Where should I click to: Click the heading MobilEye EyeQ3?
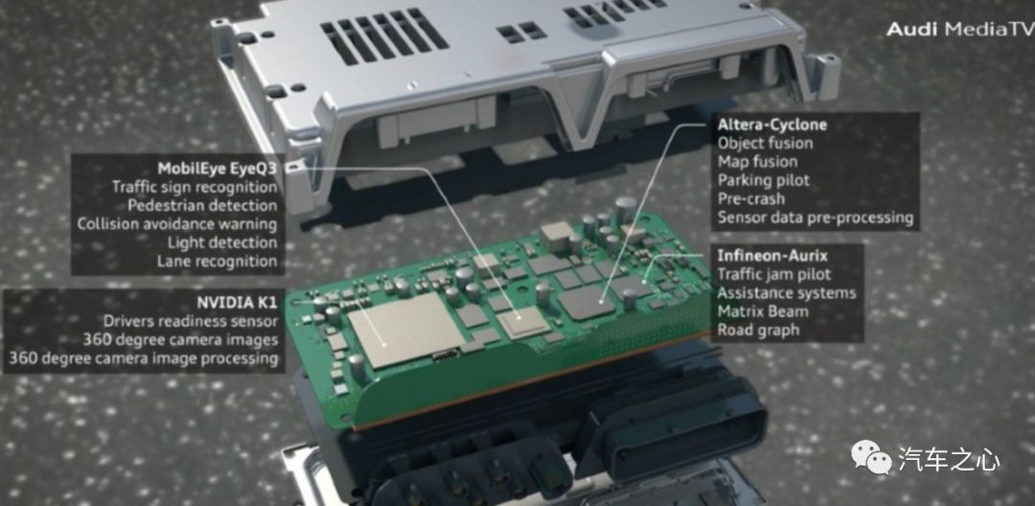click(218, 169)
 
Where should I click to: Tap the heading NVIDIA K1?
click(237, 303)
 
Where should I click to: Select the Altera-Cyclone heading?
click(771, 124)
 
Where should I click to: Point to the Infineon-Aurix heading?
click(772, 255)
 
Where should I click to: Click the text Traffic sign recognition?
click(195, 187)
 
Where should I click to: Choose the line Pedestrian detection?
click(202, 205)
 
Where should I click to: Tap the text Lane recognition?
click(218, 261)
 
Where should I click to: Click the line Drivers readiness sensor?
click(190, 321)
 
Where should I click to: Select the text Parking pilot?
click(763, 180)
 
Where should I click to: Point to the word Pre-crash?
click(751, 198)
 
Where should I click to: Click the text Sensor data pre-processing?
click(816, 217)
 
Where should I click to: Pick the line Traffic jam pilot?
click(774, 274)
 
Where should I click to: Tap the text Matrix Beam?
click(763, 310)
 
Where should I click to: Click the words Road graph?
click(758, 330)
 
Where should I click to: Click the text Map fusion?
click(757, 162)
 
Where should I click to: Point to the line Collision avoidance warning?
click(177, 223)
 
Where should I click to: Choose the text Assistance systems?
click(786, 292)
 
